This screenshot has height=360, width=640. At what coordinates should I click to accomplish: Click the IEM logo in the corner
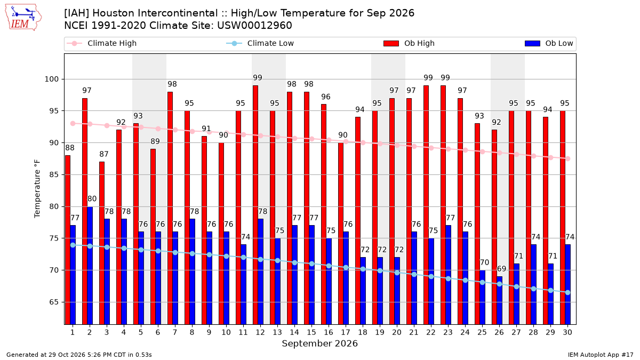click(x=23, y=17)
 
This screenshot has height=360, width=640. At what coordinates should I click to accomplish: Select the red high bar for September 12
click(x=255, y=205)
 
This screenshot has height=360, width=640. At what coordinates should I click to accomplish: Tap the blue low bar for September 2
click(x=90, y=266)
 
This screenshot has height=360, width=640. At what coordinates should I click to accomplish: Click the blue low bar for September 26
click(x=499, y=300)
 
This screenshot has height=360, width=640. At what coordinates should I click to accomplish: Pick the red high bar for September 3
click(x=102, y=243)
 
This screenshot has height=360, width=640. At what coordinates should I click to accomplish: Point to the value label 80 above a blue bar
click(x=92, y=198)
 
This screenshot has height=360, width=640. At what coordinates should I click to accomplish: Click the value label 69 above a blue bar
click(x=501, y=269)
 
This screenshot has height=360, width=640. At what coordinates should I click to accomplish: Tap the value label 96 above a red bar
click(x=326, y=97)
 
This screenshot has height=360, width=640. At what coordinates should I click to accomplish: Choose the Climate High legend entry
click(x=102, y=43)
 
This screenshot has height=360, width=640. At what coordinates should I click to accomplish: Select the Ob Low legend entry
click(x=549, y=43)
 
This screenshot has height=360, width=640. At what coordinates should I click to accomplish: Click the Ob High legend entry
click(x=409, y=43)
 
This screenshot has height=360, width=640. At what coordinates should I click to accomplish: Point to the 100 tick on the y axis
click(x=51, y=79)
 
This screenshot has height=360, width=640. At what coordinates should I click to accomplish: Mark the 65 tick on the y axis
click(x=54, y=302)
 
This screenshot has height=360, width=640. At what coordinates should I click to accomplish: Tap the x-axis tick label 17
click(x=346, y=332)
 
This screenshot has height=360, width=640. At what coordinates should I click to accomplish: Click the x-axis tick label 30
click(x=567, y=332)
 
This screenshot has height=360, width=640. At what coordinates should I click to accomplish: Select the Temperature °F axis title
click(x=37, y=189)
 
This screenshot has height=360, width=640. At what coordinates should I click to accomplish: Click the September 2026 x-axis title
click(x=319, y=343)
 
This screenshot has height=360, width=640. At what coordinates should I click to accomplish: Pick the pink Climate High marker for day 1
click(x=73, y=123)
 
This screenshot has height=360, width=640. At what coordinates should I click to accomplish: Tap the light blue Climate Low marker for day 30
click(x=567, y=293)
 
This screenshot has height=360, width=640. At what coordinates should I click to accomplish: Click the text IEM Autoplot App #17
click(x=601, y=355)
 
